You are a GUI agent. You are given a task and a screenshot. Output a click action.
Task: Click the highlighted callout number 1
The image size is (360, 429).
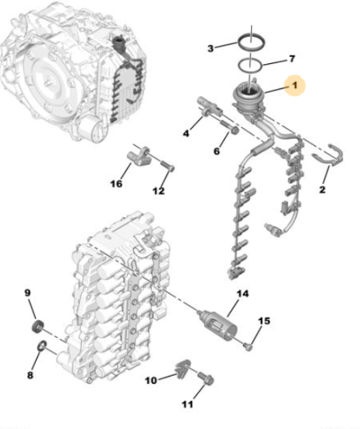point(295,85)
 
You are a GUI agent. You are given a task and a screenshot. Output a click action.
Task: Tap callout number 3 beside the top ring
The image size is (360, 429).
point(210,48)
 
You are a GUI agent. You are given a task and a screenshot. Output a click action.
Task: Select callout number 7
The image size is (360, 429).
point(292,58)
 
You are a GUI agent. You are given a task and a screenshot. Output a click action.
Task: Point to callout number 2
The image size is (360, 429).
point(323,190)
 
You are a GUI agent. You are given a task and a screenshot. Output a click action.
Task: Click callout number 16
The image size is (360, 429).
point(116,183)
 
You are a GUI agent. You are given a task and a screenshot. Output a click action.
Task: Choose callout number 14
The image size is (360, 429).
point(243,293)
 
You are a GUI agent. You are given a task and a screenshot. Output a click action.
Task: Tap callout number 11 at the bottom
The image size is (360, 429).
point(187,404)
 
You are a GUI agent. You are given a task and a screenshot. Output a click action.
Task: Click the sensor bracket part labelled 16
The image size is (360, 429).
point(139,157)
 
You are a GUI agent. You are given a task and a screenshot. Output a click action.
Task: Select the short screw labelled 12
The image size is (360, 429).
point(167,166)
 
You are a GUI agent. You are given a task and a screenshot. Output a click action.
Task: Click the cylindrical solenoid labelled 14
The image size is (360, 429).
point(219,324)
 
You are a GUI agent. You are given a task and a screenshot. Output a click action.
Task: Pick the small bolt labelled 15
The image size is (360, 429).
point(249,347)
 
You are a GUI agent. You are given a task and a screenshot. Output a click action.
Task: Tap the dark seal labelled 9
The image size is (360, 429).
point(37,326)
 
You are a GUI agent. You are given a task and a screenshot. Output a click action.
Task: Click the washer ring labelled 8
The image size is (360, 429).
point(42,346)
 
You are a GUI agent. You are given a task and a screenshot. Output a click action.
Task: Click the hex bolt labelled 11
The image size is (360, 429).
point(206,378)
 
